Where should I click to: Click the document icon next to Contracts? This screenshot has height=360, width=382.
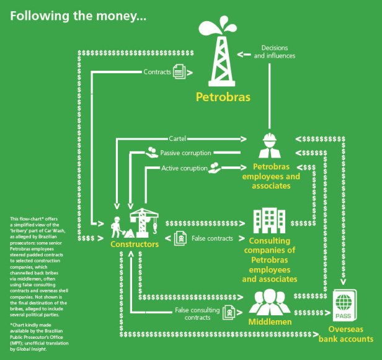click(x=180, y=72)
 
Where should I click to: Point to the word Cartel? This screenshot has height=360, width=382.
click(x=177, y=138)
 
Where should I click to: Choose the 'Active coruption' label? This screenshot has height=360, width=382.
click(x=184, y=168)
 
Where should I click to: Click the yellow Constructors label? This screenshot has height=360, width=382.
click(x=135, y=244)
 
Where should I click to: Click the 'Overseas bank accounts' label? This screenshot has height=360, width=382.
click(x=346, y=335)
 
